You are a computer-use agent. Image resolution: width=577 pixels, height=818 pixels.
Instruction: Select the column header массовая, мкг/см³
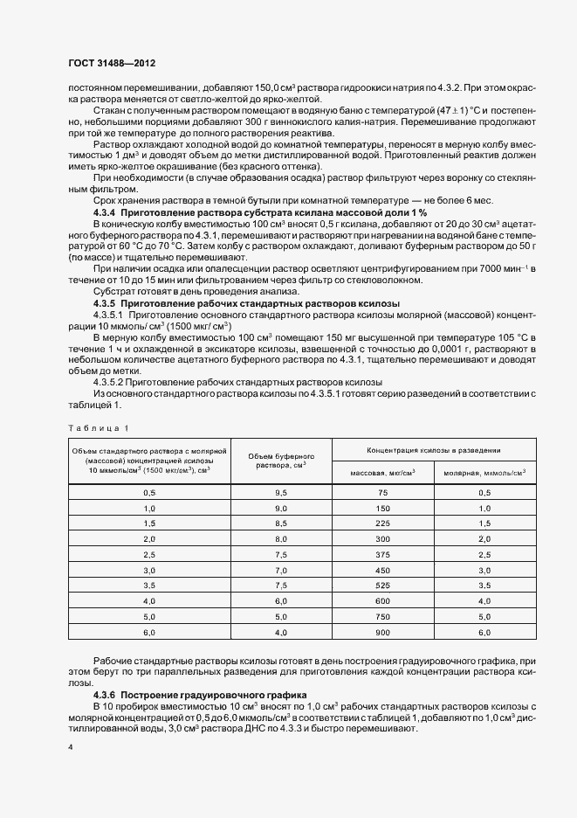point(381,472)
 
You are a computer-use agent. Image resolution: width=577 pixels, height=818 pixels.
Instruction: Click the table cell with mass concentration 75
point(381,493)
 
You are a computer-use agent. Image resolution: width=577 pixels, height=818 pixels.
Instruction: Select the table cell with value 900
point(381,631)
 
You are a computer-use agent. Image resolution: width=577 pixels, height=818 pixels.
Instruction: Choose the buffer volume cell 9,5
point(281,493)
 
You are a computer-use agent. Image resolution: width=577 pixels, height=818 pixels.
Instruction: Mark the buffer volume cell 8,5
point(281,523)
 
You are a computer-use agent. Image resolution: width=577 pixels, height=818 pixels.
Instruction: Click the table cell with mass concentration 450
point(381,570)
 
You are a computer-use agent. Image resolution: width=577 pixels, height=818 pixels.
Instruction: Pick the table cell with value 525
point(381,585)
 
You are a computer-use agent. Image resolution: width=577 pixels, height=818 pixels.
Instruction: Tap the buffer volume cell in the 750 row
point(281,616)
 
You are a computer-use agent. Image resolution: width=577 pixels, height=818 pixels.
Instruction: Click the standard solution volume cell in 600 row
point(148,600)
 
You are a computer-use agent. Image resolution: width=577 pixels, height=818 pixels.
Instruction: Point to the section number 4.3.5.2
point(108,383)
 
